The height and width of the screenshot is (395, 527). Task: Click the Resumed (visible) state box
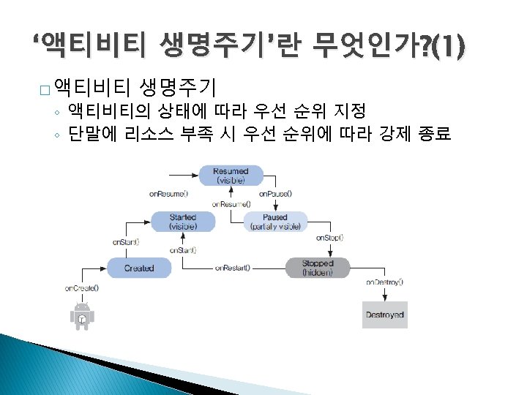pyautogui.click(x=231, y=176)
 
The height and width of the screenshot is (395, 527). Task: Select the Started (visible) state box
pyautogui.click(x=182, y=222)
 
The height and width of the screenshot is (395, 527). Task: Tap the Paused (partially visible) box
pyautogui.click(x=275, y=222)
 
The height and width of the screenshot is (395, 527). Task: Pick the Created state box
pyautogui.click(x=139, y=268)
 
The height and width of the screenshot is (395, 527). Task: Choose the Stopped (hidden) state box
pyautogui.click(x=318, y=268)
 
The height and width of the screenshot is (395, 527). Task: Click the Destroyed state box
pyautogui.click(x=384, y=315)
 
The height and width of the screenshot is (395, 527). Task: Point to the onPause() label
pyautogui.click(x=275, y=194)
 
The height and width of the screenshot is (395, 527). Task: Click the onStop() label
pyautogui.click(x=329, y=238)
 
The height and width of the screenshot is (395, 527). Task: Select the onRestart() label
pyautogui.click(x=233, y=268)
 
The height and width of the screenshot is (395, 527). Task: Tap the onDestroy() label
pyautogui.click(x=384, y=282)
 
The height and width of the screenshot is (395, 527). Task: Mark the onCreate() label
pyautogui.click(x=81, y=287)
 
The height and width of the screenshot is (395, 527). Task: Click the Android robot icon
pyautogui.click(x=82, y=316)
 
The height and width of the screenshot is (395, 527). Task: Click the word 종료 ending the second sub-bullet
pyautogui.click(x=433, y=135)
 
